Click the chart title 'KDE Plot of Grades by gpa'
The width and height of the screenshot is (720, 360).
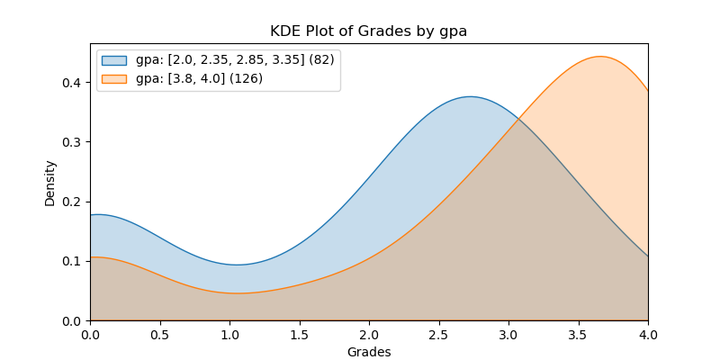click(368, 31)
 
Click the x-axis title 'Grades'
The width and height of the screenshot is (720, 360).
click(369, 352)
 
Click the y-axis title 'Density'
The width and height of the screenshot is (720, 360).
click(50, 183)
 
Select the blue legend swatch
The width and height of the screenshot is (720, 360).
click(114, 60)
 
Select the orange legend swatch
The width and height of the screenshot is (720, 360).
click(114, 78)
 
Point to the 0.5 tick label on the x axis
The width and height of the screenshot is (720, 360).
click(160, 335)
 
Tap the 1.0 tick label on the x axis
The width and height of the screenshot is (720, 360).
click(229, 335)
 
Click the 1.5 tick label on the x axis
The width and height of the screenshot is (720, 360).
click(300, 335)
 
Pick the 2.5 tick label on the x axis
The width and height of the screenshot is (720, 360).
click(439, 335)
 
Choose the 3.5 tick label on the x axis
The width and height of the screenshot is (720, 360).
click(579, 335)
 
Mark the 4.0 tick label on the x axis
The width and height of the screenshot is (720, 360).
click(648, 335)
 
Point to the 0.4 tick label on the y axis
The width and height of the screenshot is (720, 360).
click(72, 83)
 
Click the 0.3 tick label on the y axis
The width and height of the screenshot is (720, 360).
click(72, 142)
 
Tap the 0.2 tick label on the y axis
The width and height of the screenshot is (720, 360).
click(72, 202)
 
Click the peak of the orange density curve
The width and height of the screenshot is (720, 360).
click(599, 57)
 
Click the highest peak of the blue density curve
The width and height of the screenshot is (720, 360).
click(470, 96)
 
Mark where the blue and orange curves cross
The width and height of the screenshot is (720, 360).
click(518, 117)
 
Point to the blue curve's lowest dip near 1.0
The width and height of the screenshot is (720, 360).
click(238, 265)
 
